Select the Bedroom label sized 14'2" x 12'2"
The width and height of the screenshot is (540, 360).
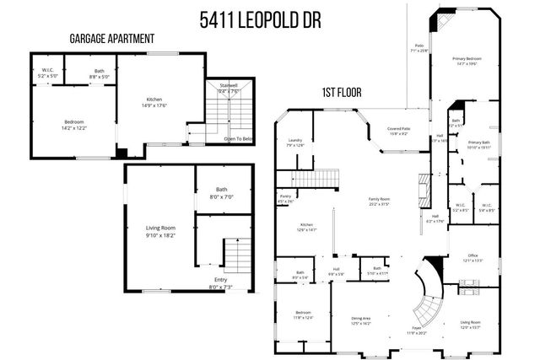[74, 122]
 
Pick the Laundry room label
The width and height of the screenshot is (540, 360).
[294, 140]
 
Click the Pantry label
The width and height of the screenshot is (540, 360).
[285, 196]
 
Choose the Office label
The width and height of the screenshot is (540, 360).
[473, 255]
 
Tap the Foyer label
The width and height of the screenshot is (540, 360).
[417, 328]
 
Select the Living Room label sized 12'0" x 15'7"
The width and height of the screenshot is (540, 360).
[470, 322]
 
